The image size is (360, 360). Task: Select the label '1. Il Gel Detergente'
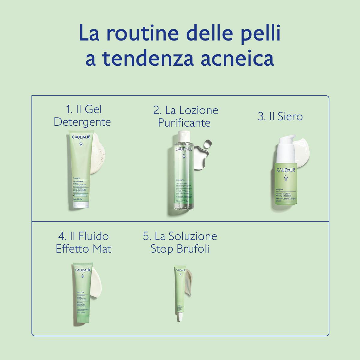click(82, 115)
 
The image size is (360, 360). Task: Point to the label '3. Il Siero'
click(280, 116)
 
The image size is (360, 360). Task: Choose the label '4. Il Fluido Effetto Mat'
click(83, 242)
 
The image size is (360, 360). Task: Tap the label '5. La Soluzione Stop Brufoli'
click(180, 242)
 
